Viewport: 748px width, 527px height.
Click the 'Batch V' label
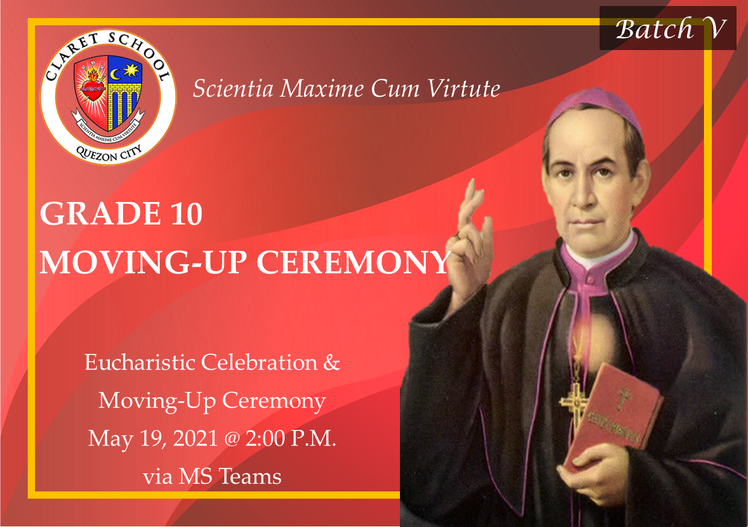click(x=671, y=29)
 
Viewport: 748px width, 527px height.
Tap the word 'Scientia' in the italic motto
click(x=233, y=89)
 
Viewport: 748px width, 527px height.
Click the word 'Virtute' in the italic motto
click(x=464, y=89)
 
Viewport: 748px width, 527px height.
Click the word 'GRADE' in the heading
click(x=100, y=214)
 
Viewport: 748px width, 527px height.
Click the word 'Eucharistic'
click(x=140, y=362)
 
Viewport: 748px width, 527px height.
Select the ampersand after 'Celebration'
click(x=331, y=362)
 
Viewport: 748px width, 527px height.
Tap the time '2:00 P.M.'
click(x=291, y=438)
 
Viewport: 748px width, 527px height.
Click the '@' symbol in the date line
click(x=232, y=439)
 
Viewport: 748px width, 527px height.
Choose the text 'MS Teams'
click(x=230, y=476)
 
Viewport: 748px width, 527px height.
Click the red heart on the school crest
click(x=91, y=89)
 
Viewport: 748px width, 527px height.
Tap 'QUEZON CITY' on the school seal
click(x=109, y=154)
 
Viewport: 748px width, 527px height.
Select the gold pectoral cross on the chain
click(x=574, y=400)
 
